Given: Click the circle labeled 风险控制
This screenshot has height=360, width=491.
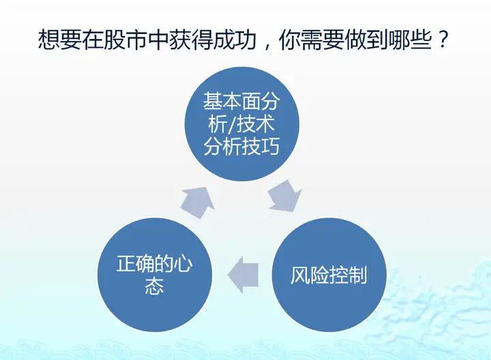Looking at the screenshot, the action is [329, 275].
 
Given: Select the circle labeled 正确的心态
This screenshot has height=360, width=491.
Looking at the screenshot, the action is [155, 275].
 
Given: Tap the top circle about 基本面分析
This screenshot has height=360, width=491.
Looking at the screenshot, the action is [241, 124].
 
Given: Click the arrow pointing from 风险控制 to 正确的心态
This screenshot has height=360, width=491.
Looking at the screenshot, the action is [243, 275].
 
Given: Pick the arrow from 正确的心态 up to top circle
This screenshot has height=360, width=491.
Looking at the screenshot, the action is [198, 202].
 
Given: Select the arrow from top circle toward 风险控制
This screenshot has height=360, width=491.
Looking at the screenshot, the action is [284, 196].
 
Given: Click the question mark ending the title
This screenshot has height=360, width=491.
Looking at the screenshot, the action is [443, 39].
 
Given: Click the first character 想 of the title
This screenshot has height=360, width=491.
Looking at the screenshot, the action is [49, 40].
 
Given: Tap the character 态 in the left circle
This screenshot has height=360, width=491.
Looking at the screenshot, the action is [154, 285].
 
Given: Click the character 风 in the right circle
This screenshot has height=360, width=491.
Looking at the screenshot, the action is [300, 275].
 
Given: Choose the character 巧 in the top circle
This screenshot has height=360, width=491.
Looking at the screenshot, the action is [270, 146].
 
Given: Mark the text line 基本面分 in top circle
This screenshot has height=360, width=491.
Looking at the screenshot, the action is [241, 101].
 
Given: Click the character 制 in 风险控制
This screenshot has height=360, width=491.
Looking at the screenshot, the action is [357, 275].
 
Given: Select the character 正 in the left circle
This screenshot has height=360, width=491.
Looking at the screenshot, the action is [126, 263].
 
